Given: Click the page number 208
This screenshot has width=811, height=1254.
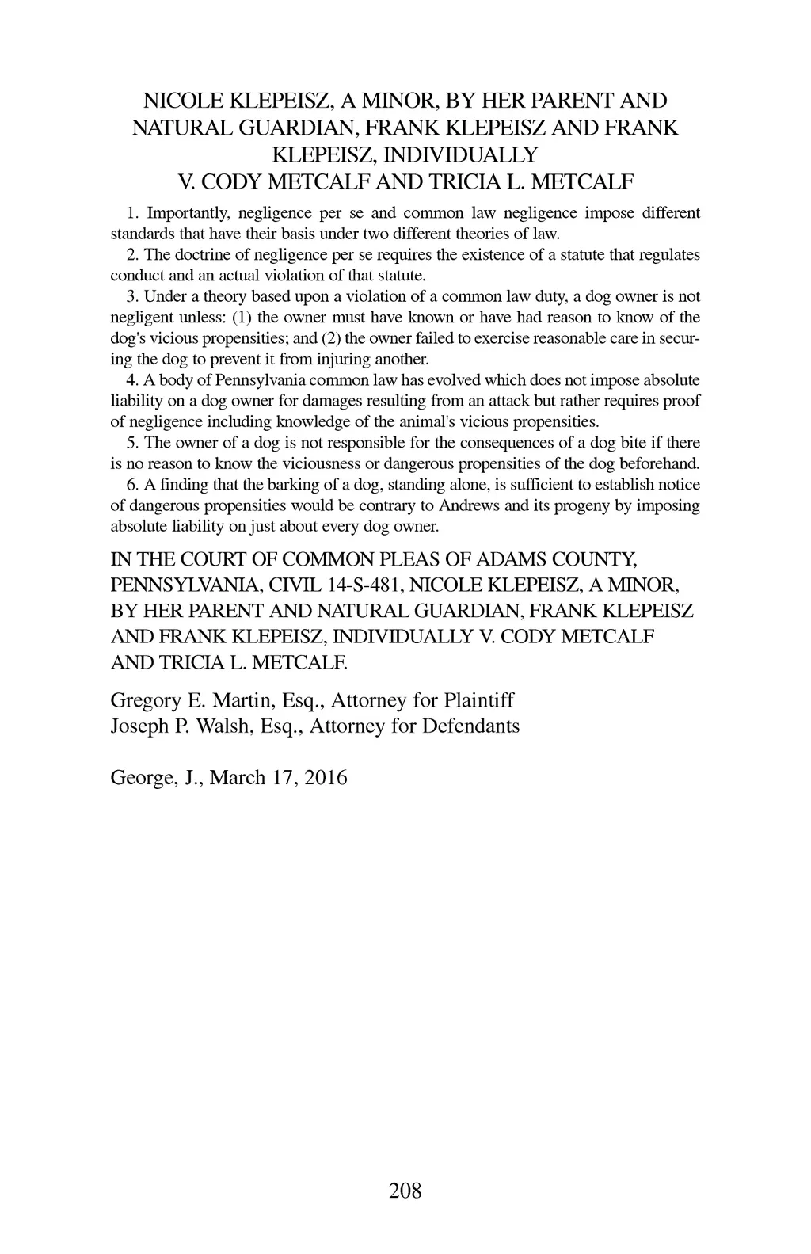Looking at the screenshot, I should pos(405,1190).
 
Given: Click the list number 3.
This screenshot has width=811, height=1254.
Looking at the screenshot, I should pos(131,297).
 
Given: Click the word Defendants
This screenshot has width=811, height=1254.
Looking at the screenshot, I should pos(474,726).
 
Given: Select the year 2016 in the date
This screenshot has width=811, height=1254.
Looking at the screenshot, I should pos(326,777).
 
